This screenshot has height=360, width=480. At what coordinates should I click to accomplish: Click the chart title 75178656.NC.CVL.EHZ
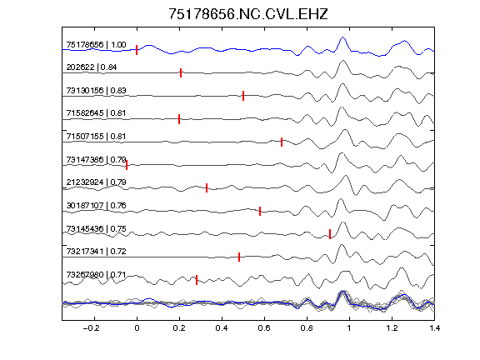pos(248,14)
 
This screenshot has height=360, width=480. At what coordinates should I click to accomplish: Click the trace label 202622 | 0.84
pos(92,67)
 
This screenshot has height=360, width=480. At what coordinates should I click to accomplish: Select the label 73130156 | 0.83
pos(96,91)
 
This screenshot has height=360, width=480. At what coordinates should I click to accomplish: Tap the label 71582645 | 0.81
pos(96,113)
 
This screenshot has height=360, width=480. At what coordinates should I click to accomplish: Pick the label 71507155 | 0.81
pos(96,137)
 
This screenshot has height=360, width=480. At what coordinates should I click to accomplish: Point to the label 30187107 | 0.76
pos(96,205)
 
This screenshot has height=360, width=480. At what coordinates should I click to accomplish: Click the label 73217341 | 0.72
pos(96,252)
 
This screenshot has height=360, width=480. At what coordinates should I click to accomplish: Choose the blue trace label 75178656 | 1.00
pos(96,45)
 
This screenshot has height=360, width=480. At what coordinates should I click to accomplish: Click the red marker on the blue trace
pos(137,50)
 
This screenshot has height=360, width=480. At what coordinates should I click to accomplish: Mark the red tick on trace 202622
pos(181,72)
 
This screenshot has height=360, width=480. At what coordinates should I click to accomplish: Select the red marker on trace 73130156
pos(243,96)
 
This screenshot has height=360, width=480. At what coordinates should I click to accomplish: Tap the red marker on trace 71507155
pos(282,142)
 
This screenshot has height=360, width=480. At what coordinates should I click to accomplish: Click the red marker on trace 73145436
pos(330,234)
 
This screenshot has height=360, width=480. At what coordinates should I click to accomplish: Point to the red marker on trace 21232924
pos(207,188)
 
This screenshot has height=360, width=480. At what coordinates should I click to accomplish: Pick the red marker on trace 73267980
pos(197,280)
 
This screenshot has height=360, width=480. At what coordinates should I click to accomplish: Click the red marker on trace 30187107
pos(260,211)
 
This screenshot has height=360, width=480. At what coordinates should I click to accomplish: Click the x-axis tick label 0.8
pos(307,328)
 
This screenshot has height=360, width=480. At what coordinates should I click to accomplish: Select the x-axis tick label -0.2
pos(91,328)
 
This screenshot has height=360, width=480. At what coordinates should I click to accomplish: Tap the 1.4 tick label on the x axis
pos(435,328)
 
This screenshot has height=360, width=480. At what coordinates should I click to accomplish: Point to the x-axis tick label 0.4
pos(222,328)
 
